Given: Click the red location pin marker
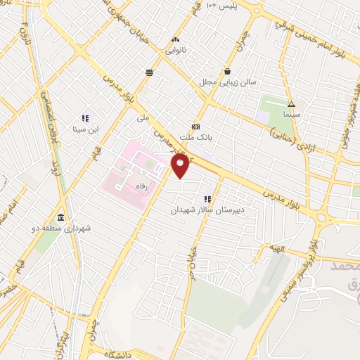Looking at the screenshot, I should [181, 167].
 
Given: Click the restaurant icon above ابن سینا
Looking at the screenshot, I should [85, 118].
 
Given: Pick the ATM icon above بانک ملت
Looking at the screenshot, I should [195, 127].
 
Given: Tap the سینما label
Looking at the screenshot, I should [292, 112].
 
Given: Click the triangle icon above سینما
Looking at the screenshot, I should [292, 103].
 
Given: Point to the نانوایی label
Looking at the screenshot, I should [176, 50].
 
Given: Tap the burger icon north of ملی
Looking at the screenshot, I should [149, 72].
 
